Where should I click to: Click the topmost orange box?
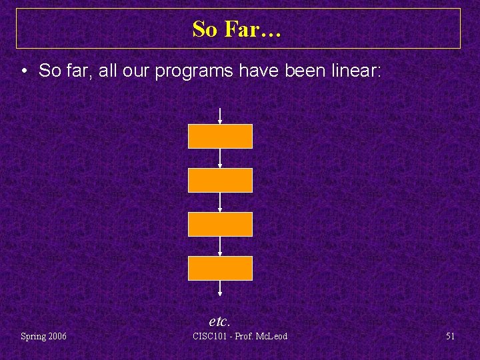[220, 136]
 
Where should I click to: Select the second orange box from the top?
[220, 180]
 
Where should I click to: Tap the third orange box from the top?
[220, 224]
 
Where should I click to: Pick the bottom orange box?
[220, 268]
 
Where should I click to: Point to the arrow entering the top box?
[220, 116]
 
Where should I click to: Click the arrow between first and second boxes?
[220, 158]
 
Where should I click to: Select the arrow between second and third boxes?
[220, 202]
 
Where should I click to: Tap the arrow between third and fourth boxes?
[220, 246]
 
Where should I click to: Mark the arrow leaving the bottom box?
[220, 289]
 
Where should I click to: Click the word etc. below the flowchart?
[219, 321]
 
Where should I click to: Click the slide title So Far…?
[237, 29]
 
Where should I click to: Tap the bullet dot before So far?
[23, 71]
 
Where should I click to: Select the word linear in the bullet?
[356, 71]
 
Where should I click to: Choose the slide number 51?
[450, 336]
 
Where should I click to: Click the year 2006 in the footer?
[56, 336]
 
